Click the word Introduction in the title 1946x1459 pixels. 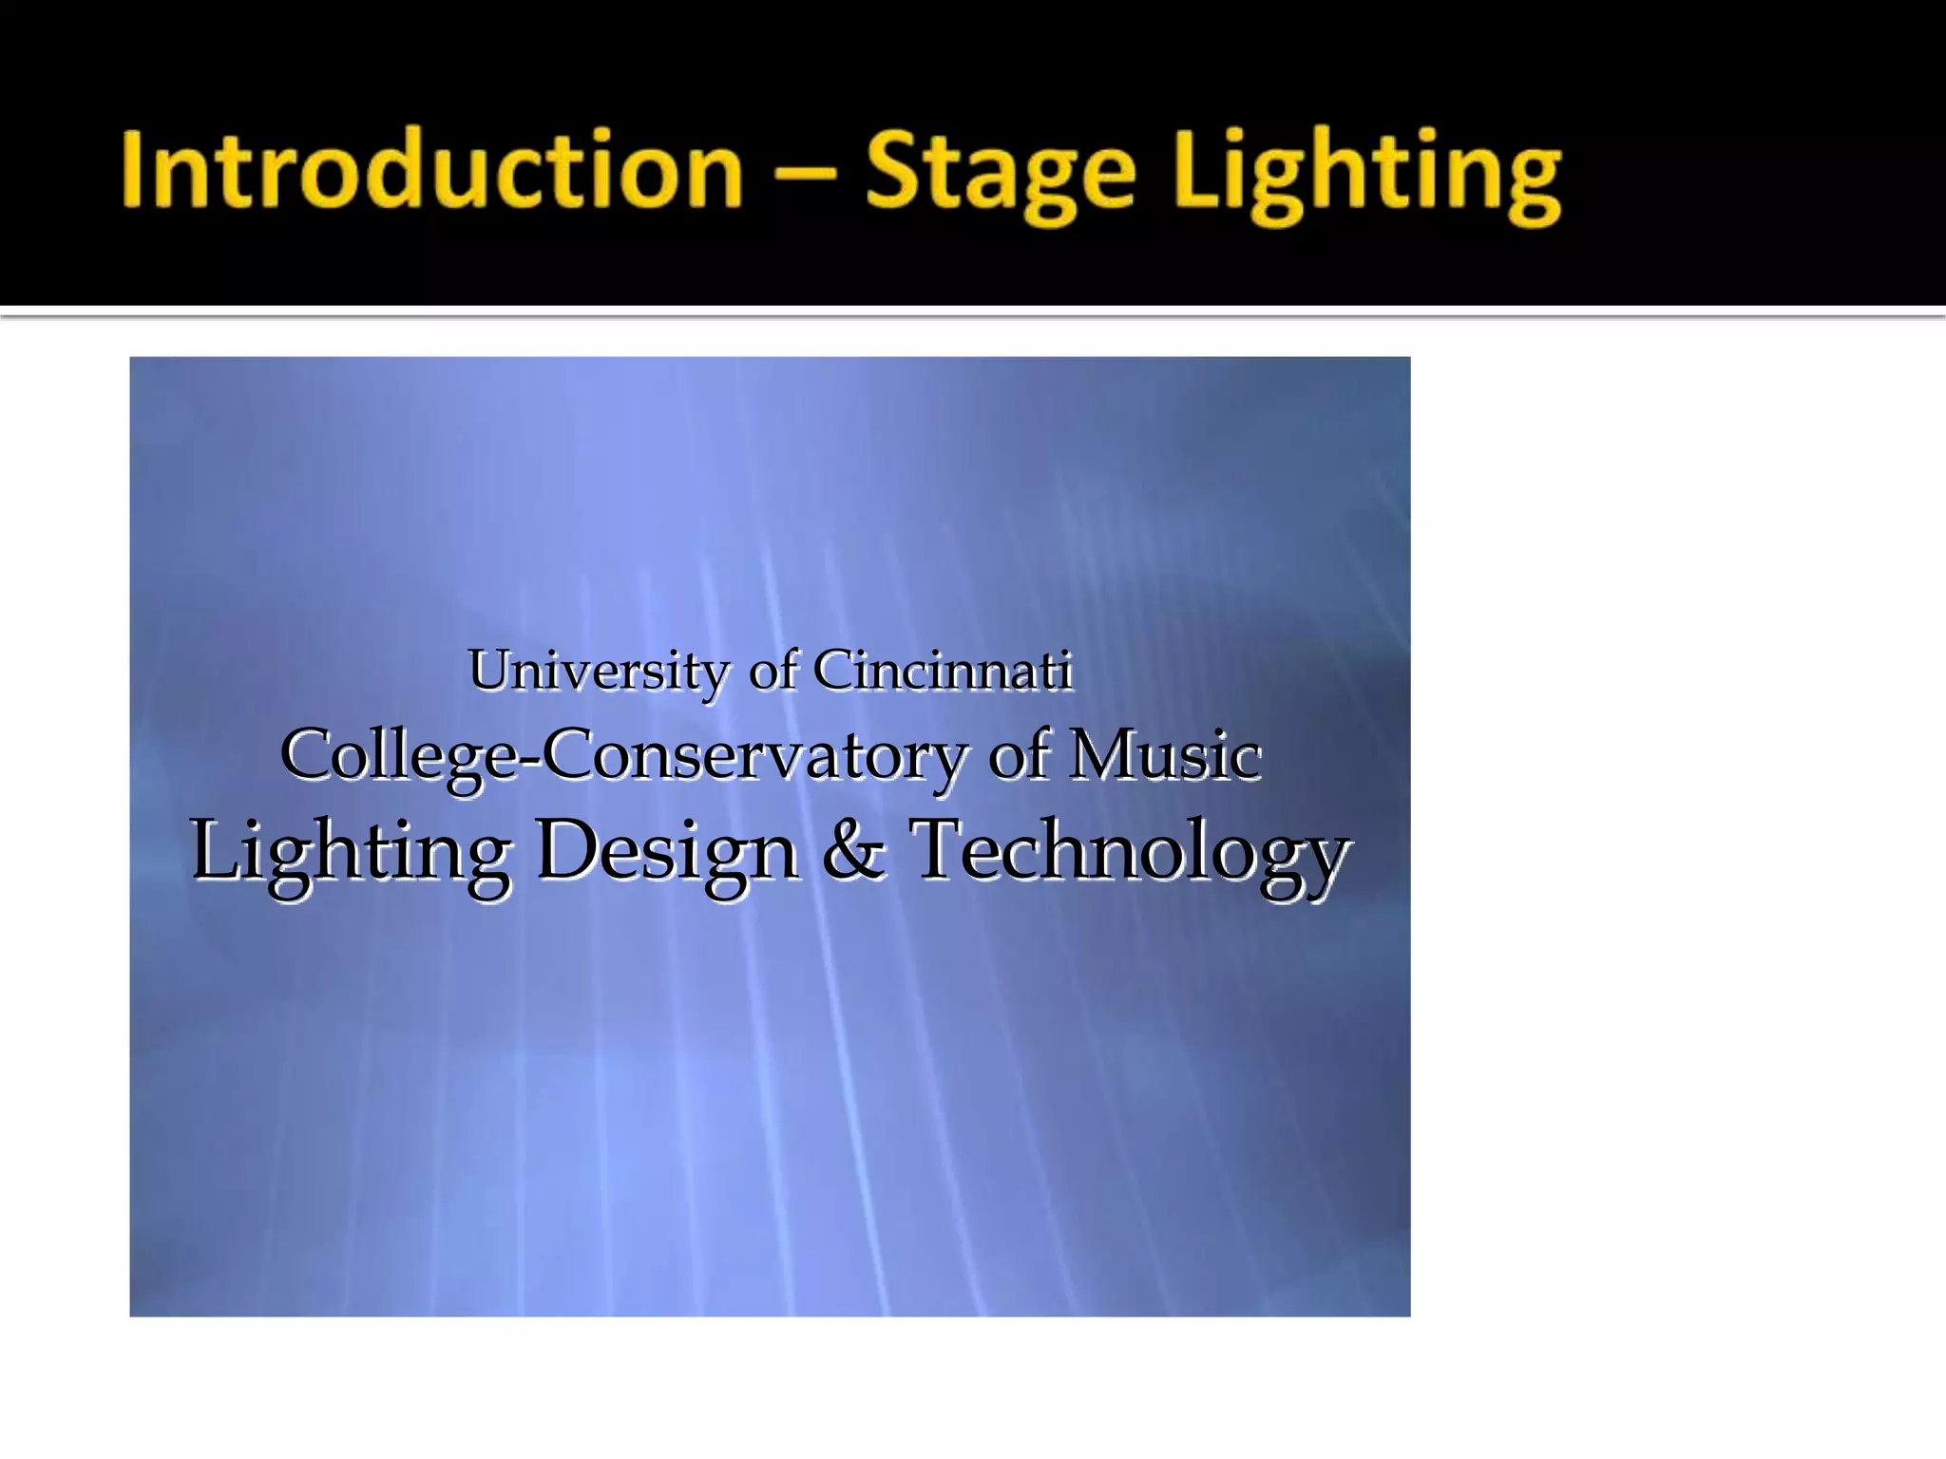[x=431, y=171]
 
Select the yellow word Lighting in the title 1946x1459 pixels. [x=1367, y=176]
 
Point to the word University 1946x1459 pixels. [x=598, y=672]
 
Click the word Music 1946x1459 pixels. [x=1165, y=755]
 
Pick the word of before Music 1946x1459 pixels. [x=1021, y=755]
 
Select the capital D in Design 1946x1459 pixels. [x=567, y=848]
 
